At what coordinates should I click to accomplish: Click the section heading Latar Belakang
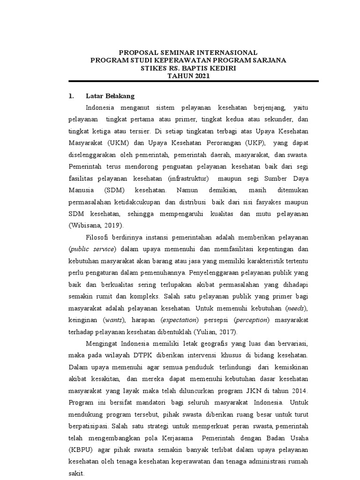pos(110,96)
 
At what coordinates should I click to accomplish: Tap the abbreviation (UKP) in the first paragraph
pos(255,142)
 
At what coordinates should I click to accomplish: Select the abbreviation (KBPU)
pos(82,450)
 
